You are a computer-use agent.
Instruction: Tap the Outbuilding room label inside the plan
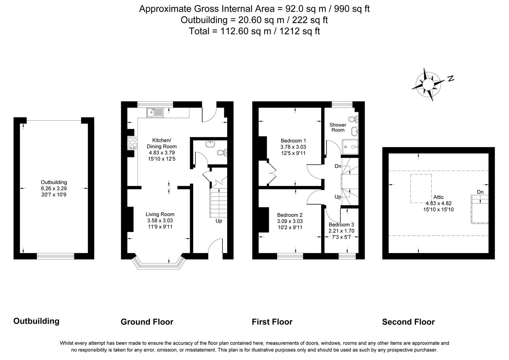[x=54, y=182]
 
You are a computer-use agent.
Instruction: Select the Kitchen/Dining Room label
[x=162, y=143]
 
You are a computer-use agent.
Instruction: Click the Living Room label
[x=160, y=214]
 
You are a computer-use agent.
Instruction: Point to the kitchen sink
[x=154, y=113]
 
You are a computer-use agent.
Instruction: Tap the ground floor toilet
[x=221, y=153]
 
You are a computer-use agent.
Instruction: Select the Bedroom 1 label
[x=293, y=141]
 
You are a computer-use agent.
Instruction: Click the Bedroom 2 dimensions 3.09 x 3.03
[x=290, y=221]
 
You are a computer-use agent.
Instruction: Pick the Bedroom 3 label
[x=341, y=225]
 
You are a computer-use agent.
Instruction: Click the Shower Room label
[x=338, y=127]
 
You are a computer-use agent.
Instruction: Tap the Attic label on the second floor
[x=439, y=197]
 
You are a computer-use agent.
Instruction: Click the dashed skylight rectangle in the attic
[x=421, y=188]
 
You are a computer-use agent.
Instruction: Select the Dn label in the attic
[x=480, y=192]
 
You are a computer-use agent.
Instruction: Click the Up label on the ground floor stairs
[x=218, y=221]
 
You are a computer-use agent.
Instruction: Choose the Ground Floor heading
[x=147, y=322]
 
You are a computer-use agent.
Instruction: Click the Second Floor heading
[x=408, y=322]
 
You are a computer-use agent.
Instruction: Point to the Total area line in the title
[x=254, y=31]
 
